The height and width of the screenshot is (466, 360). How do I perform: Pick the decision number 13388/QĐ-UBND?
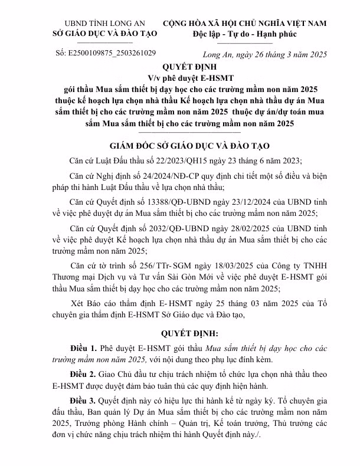(165, 201)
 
